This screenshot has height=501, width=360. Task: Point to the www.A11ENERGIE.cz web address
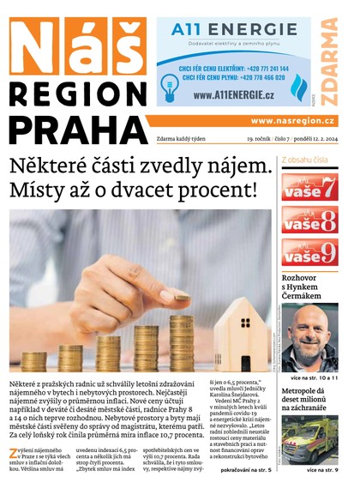point(227,94)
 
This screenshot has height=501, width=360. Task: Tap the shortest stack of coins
point(34,360)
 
